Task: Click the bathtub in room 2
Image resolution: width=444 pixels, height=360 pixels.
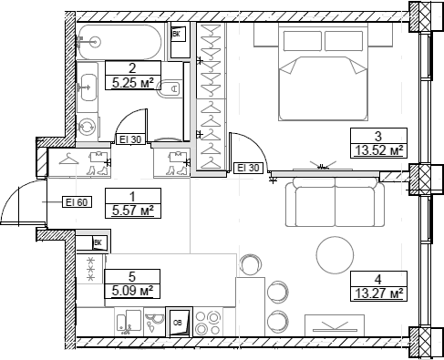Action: click(x=122, y=40)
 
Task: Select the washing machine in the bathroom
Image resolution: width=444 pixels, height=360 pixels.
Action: click(x=88, y=126)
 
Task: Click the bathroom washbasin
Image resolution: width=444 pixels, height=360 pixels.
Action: click(x=88, y=88)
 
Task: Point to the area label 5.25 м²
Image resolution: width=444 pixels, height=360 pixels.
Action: click(x=133, y=80)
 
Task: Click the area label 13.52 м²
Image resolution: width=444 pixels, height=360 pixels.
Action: click(x=377, y=150)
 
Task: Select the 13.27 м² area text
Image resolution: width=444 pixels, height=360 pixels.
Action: click(x=377, y=293)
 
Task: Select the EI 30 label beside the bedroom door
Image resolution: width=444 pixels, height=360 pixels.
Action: click(x=248, y=168)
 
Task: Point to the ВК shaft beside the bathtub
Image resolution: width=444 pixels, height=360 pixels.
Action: click(x=180, y=35)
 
